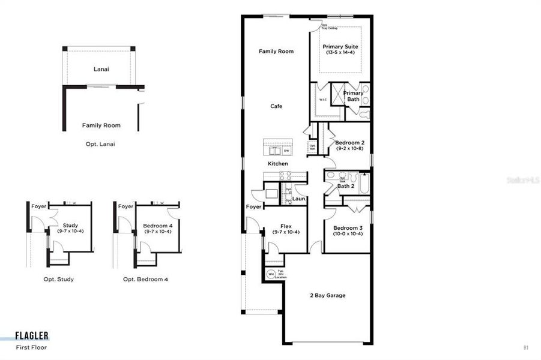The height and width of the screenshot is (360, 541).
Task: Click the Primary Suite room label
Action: (340, 46)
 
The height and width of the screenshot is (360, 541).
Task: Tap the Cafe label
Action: (276, 106)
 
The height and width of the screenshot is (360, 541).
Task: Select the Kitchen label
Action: (278, 163)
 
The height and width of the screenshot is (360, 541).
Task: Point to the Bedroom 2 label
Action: (350, 142)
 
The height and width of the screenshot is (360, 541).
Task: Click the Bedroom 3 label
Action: (348, 227)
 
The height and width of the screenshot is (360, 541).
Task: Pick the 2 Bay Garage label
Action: (327, 295)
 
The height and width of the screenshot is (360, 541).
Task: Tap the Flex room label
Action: (286, 226)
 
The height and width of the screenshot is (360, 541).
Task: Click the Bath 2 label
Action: (345, 186)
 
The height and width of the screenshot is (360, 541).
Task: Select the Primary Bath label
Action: (352, 96)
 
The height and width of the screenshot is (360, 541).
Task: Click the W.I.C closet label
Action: (322, 100)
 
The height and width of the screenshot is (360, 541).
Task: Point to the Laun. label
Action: (300, 199)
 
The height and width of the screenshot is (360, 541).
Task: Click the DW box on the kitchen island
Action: (286, 151)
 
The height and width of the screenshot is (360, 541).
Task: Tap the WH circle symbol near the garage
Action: (271, 274)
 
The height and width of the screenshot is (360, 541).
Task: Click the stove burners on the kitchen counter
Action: (285, 175)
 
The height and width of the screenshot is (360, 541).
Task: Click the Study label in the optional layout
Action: (70, 226)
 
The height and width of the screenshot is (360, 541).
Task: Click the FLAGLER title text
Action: (32, 336)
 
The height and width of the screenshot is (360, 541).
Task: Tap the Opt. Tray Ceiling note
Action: (328, 27)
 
